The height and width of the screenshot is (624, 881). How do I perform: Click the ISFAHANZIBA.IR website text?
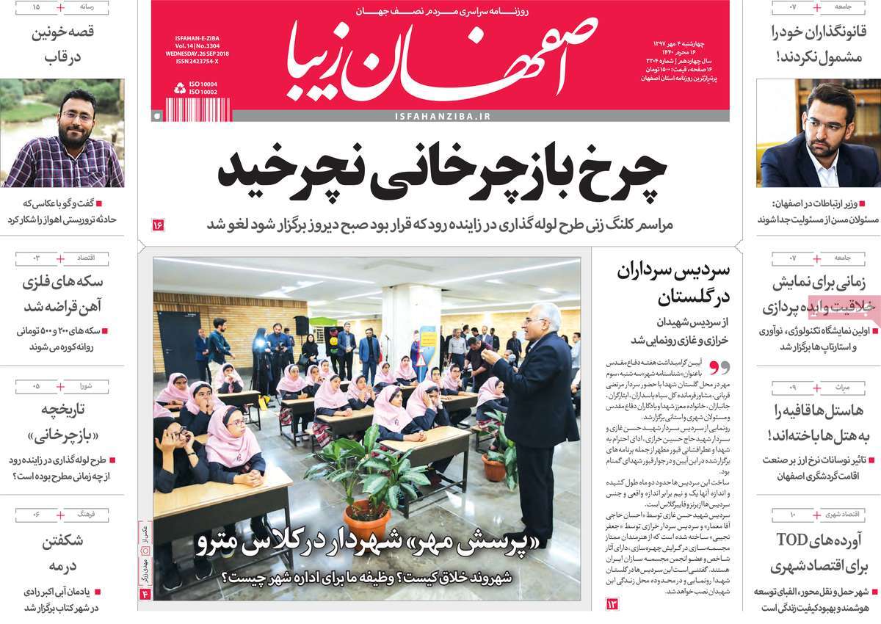442,116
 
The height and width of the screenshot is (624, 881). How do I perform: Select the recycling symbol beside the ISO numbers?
180,88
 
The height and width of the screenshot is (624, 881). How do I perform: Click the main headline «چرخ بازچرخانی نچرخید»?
442,172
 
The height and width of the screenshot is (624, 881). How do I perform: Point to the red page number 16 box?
159,225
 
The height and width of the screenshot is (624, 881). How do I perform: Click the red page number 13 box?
612,603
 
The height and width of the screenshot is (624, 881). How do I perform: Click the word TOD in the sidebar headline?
794,540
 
